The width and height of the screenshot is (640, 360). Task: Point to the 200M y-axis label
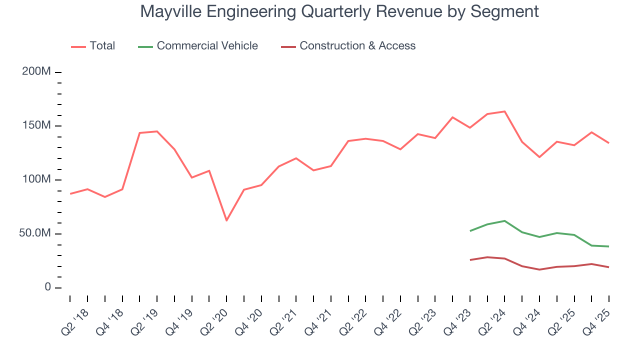36,72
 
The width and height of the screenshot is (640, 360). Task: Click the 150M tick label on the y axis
36,125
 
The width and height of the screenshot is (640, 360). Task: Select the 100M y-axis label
36,179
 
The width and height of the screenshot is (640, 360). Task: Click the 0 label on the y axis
47,287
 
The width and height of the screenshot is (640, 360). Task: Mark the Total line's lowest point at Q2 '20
226,220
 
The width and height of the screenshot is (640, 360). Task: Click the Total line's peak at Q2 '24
504,111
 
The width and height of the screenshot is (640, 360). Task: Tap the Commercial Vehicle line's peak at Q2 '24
504,221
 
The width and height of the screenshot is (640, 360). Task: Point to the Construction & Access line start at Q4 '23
470,260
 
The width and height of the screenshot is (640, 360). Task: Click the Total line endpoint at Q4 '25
608,143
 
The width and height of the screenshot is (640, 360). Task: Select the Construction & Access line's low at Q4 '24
539,269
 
